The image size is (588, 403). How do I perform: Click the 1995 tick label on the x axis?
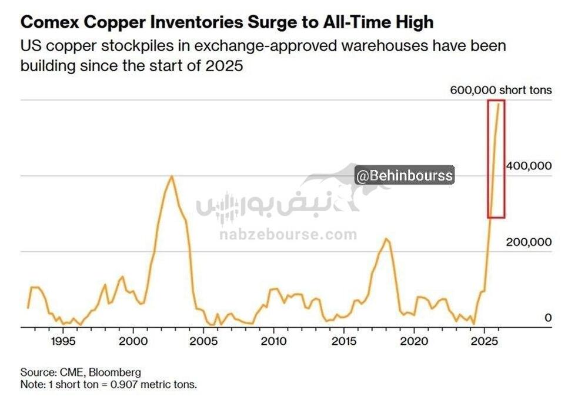[62, 341]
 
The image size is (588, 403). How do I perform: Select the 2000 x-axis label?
[132, 341]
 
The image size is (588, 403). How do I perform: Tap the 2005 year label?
[203, 341]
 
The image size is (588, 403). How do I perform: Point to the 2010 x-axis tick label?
[273, 341]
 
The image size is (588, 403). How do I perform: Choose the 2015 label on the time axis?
[343, 341]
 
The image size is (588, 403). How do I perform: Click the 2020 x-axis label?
[413, 341]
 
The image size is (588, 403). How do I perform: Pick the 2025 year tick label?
[484, 341]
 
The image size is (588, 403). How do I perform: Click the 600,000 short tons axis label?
[501, 90]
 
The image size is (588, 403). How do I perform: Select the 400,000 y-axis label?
[529, 166]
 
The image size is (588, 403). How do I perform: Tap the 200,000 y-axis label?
[529, 242]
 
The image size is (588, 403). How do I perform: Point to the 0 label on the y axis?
[548, 318]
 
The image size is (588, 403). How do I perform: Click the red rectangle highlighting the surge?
[496, 159]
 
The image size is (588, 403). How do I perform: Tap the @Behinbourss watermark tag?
[404, 175]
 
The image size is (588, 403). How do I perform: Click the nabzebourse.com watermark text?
[288, 235]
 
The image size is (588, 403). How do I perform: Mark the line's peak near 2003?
[171, 176]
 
